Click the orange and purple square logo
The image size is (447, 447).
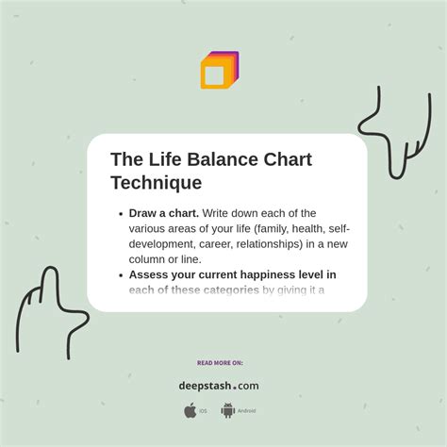(219, 71)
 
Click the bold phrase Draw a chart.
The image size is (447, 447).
(163, 213)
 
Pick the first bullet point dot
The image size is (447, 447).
(121, 214)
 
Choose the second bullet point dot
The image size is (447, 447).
(121, 275)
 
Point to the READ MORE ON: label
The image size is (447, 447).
(220, 362)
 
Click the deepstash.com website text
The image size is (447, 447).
(218, 385)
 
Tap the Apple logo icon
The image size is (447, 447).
(190, 410)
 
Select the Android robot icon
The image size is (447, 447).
(227, 410)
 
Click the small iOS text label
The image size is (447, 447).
(203, 411)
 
